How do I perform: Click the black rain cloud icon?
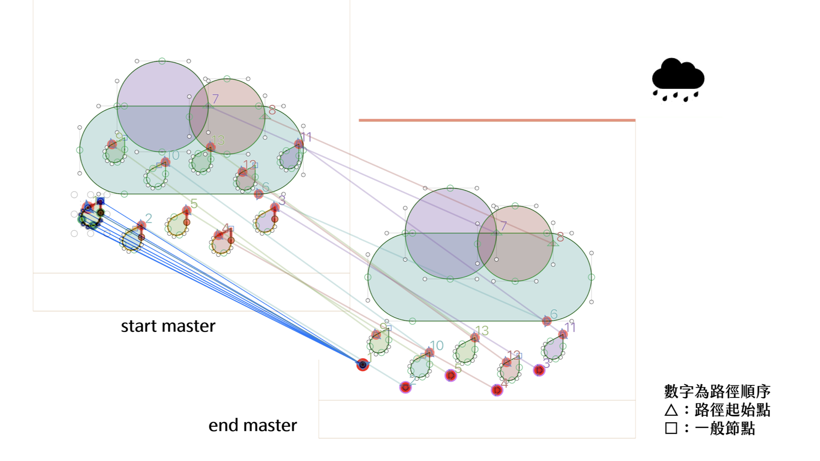(x=678, y=79)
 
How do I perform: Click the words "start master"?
(x=168, y=326)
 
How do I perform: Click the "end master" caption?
(x=252, y=425)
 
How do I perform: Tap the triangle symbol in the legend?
(x=671, y=410)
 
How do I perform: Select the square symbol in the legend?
(x=671, y=428)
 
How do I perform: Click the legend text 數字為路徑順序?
(x=717, y=391)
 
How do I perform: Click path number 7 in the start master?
(x=215, y=99)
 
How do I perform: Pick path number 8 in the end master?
(x=560, y=237)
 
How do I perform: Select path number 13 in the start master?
(x=218, y=140)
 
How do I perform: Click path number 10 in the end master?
(x=436, y=345)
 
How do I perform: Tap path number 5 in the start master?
(x=194, y=204)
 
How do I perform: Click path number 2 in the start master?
(x=148, y=219)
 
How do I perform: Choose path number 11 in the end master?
(x=570, y=327)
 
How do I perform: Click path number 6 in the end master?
(x=554, y=315)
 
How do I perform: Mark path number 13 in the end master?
(x=482, y=331)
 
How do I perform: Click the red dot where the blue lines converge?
(x=363, y=365)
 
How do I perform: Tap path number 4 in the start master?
(x=225, y=229)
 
